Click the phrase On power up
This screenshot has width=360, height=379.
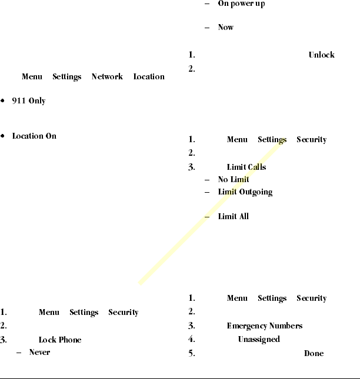click(241, 4)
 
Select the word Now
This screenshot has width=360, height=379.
click(226, 28)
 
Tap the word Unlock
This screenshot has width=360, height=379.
click(321, 55)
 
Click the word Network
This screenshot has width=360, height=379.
click(107, 77)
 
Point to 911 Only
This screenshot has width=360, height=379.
click(29, 101)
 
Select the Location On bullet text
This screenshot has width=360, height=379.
click(34, 136)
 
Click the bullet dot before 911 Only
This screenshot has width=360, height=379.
click(4, 101)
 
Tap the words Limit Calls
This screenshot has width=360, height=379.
click(246, 167)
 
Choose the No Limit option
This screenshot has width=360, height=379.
click(234, 180)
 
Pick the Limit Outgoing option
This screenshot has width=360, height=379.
click(245, 192)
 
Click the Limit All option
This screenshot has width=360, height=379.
click(234, 217)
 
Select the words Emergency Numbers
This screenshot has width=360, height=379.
click(265, 326)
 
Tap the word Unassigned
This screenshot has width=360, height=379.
click(259, 340)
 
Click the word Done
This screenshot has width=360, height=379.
click(314, 354)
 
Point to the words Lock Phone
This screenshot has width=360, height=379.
click(60, 340)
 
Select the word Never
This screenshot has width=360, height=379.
click(39, 353)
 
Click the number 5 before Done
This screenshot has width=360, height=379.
click(191, 354)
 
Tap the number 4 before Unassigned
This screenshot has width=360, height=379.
click(191, 340)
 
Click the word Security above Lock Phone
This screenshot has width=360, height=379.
click(124, 313)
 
